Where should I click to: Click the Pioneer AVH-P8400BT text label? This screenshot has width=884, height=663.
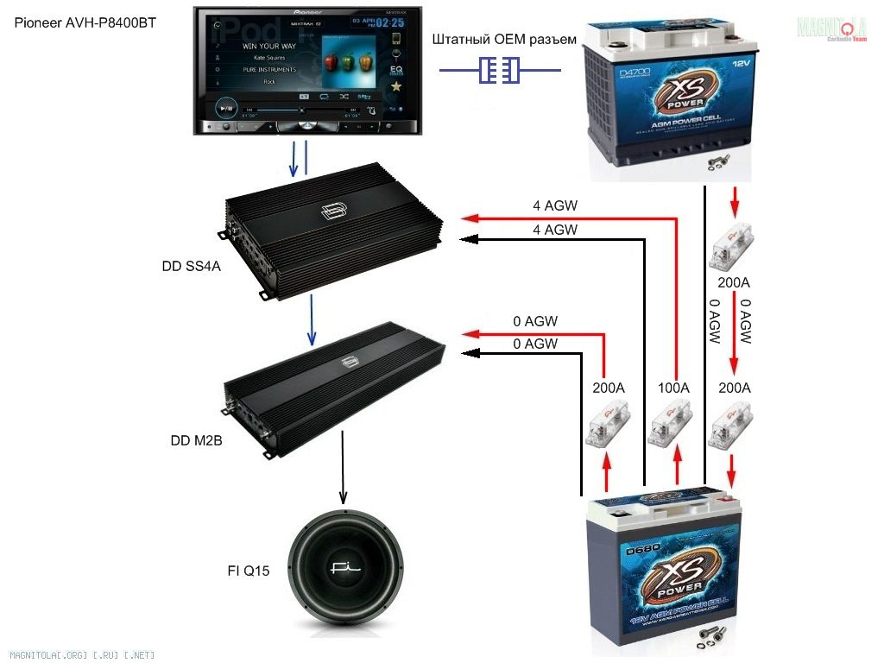[x=85, y=22]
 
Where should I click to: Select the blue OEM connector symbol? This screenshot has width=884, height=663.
[x=499, y=70]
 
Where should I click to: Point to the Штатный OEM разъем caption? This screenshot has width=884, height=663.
[x=503, y=39]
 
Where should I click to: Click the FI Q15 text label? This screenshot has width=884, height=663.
[x=243, y=571]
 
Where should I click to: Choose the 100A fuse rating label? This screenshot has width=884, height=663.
[x=673, y=388]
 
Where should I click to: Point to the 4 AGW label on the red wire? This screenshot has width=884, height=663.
[x=555, y=206]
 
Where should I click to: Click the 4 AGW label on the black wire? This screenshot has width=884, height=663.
[x=555, y=230]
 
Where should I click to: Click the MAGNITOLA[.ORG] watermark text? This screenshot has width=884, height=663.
[x=83, y=655]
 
